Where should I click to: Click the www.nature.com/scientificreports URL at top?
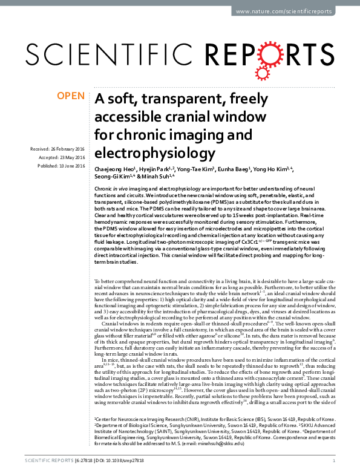click(295, 11)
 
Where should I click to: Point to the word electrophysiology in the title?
click(154, 151)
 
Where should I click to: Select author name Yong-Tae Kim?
click(201, 169)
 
